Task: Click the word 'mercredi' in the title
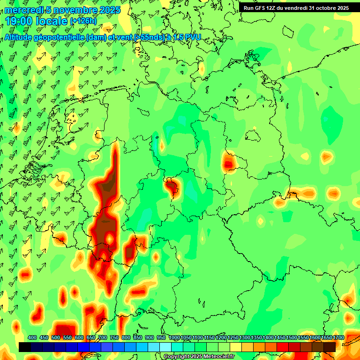tap(23, 10)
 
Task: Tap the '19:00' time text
tap(20, 21)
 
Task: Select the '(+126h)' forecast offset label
tap(83, 21)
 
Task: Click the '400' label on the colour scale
tap(32, 337)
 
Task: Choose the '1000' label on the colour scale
tap(174, 337)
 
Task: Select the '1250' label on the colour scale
tap(233, 337)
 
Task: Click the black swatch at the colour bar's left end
tap(25, 347)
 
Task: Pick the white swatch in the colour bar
tap(165, 347)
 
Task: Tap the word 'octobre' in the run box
tap(322, 7)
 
